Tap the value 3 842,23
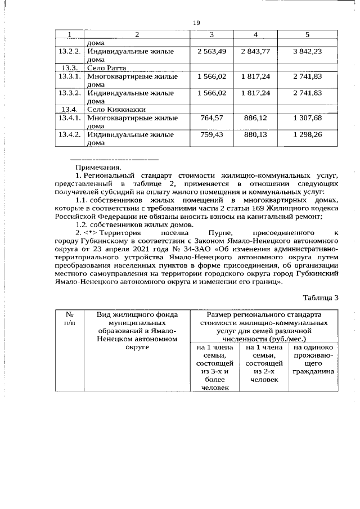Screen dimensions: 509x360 pos(307,52)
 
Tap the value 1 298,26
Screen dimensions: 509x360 pos(307,135)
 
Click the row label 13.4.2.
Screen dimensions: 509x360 pos(70,135)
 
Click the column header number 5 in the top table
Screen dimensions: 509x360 pos(307,35)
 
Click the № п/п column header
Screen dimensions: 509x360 pos(69,319)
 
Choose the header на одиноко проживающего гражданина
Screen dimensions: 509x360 pos(313,360)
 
